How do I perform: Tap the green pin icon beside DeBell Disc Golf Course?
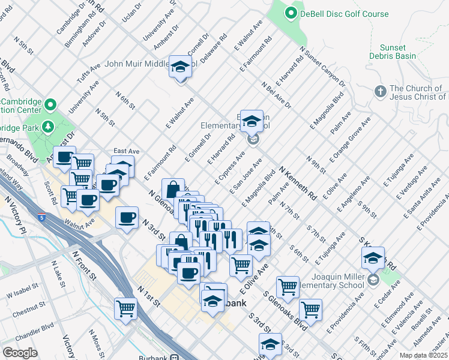(x=291, y=12)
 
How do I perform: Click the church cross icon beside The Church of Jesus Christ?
(x=379, y=92)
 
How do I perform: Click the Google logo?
(x=20, y=352)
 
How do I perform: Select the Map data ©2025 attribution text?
(x=423, y=355)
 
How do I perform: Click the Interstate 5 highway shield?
(x=41, y=218)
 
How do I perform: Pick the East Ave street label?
(x=126, y=152)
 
